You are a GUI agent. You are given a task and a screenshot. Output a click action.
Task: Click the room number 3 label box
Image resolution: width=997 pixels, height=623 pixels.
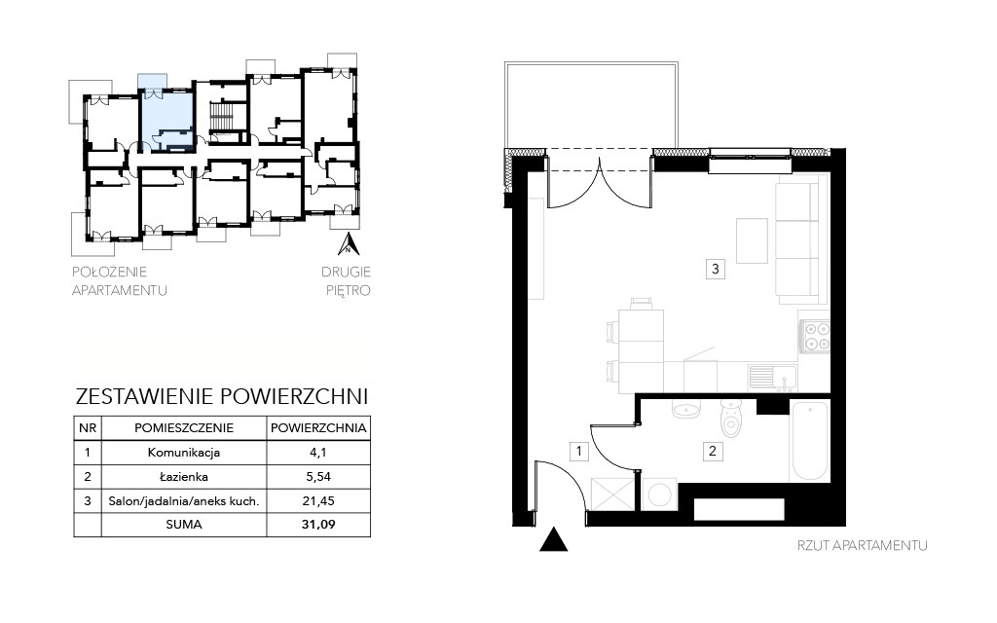coord(716,269)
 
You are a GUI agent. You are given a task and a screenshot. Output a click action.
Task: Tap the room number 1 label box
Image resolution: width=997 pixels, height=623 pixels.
coord(579,452)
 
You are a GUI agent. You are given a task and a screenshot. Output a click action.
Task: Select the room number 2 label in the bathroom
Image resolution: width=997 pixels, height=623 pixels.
coord(713,452)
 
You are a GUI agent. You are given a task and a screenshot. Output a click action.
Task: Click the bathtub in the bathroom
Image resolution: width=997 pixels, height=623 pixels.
coord(809,441)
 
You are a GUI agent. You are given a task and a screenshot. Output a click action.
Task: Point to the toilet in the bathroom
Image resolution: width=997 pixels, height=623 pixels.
coord(732,419)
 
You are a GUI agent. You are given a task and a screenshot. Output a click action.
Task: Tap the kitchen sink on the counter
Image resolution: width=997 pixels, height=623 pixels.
coord(772,377)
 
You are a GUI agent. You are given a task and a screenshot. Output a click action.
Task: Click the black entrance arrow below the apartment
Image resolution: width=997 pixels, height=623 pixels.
coord(554,539)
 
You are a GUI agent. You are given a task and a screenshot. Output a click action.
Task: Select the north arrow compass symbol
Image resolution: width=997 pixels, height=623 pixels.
coord(349,244)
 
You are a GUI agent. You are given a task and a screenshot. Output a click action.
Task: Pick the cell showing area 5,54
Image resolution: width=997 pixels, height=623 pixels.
coord(318,477)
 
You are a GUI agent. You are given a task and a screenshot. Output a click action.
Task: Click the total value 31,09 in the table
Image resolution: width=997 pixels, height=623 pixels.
coord(318,525)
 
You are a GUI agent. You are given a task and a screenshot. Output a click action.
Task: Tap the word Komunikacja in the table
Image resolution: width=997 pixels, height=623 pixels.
coord(184,453)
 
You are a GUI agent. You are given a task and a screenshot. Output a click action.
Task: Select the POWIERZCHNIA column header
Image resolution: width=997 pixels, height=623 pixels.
coord(318,428)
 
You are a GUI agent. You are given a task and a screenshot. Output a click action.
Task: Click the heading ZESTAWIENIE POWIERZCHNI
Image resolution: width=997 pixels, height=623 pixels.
coord(222,396)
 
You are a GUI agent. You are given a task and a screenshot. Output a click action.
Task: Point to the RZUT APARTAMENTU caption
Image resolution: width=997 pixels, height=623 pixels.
coord(863,545)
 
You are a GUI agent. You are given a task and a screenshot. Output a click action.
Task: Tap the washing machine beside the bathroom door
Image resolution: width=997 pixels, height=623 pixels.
coord(660,495)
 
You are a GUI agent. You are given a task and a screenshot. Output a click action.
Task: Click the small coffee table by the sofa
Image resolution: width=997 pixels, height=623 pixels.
coord(752,240)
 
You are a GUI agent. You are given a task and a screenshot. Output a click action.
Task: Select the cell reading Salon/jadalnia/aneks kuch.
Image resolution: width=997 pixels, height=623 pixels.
coord(184,501)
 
